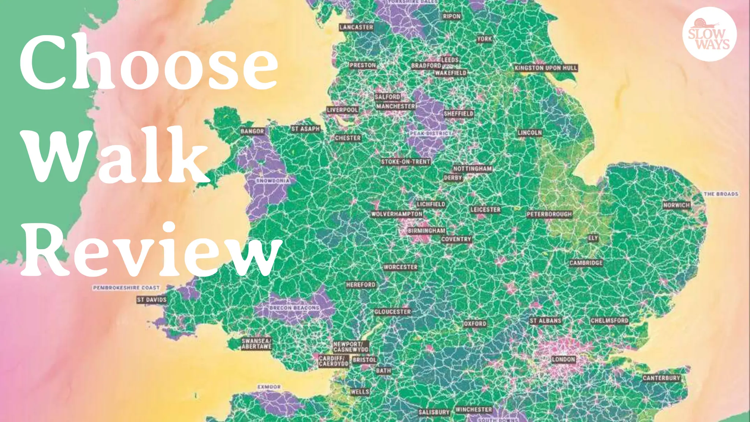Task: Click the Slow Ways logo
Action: [709, 34]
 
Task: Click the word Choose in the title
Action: [148, 62]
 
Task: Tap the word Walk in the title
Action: [117, 156]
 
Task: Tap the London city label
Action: [563, 359]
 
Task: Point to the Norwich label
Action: [676, 205]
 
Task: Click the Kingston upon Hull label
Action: [546, 68]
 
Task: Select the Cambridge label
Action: [586, 263]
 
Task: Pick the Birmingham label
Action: [427, 231]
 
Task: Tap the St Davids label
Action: [152, 300]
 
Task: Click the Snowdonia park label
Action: [273, 181]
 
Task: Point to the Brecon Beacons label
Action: [294, 308]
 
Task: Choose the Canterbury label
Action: [661, 378]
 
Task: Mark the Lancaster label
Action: [356, 27]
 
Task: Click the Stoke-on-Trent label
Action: [405, 162]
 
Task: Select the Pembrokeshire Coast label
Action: [126, 288]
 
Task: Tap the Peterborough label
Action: [549, 214]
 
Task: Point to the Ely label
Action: [593, 238]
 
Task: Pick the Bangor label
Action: [252, 131]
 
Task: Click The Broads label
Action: [721, 194]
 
